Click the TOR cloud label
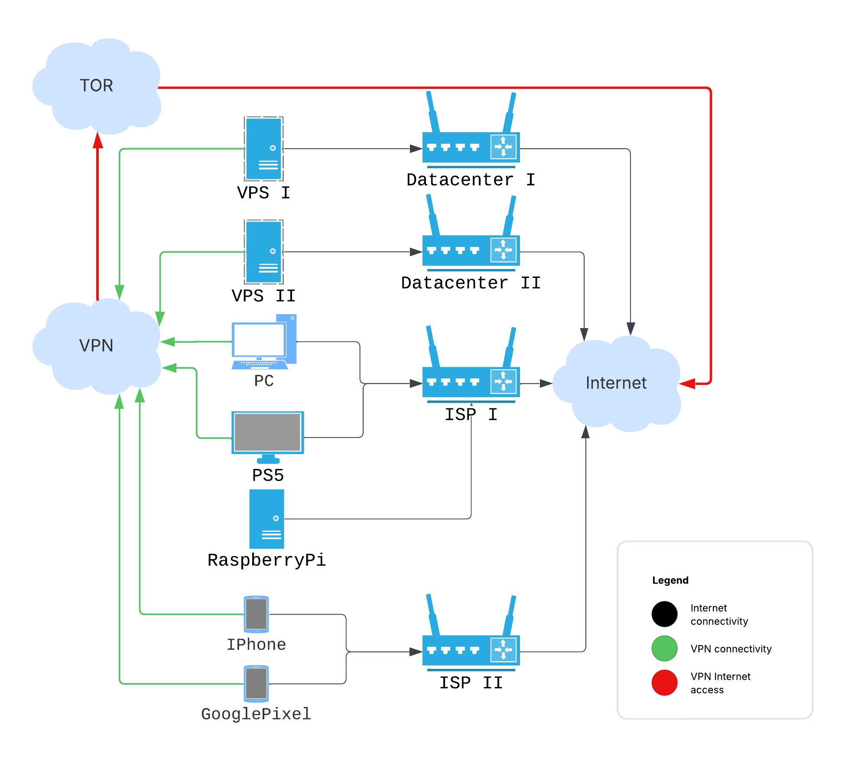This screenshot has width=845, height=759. [96, 85]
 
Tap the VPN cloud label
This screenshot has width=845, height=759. [96, 345]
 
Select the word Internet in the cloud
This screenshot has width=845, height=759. [616, 383]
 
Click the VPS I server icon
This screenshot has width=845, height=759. [263, 149]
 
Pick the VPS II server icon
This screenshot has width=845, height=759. [263, 252]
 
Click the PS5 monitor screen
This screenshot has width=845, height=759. [267, 432]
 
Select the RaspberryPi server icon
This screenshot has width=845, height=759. [266, 519]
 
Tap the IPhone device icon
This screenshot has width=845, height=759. [256, 614]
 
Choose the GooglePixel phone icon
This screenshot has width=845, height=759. [256, 684]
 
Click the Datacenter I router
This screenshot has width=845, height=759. [471, 147]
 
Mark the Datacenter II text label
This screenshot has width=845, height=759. [471, 283]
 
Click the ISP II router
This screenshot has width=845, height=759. [471, 650]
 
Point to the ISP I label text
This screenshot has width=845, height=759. [471, 415]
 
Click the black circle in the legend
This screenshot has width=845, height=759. [664, 614]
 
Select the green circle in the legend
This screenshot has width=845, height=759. [664, 648]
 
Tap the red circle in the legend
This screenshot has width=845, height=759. [664, 683]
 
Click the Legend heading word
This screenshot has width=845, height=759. [670, 580]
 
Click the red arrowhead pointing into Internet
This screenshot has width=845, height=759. [688, 384]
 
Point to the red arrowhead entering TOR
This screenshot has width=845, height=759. [98, 140]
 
